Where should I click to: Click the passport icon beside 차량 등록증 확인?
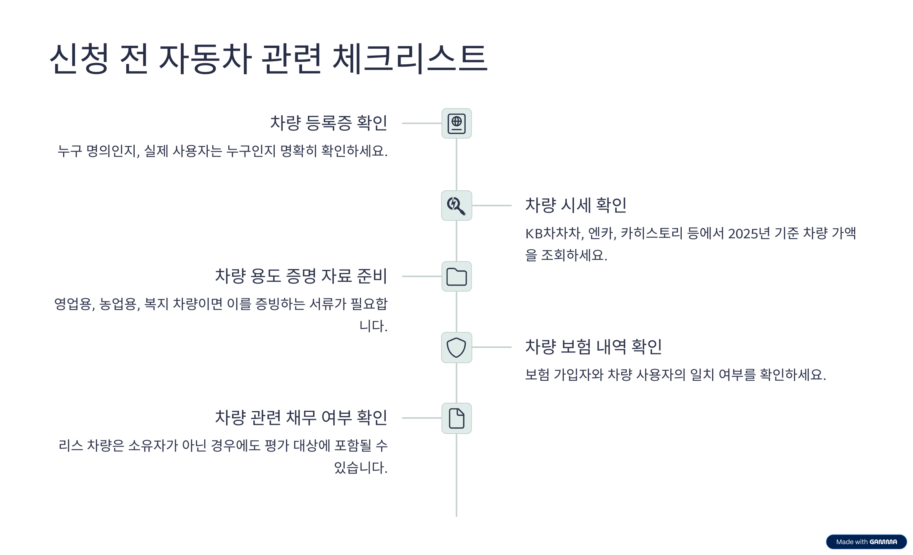click(456, 123)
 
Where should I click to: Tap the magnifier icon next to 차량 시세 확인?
click(456, 206)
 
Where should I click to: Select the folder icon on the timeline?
click(456, 276)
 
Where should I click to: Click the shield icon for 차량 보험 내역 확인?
click(456, 347)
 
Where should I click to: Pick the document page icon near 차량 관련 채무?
click(456, 418)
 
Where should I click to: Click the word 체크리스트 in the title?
click(410, 59)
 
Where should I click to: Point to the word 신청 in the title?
click(80, 59)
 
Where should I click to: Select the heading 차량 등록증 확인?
click(329, 123)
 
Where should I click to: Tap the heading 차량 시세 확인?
click(576, 205)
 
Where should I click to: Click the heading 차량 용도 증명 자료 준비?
click(301, 276)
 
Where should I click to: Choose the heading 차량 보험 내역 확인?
click(593, 347)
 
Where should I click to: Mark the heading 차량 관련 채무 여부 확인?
click(301, 418)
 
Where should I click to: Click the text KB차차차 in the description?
click(554, 233)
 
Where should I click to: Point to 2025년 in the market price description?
click(749, 233)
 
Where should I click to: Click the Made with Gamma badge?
click(866, 542)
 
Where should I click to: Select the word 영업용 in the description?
click(73, 304)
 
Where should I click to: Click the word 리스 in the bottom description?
click(70, 445)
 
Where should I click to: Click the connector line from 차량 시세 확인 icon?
click(491, 206)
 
